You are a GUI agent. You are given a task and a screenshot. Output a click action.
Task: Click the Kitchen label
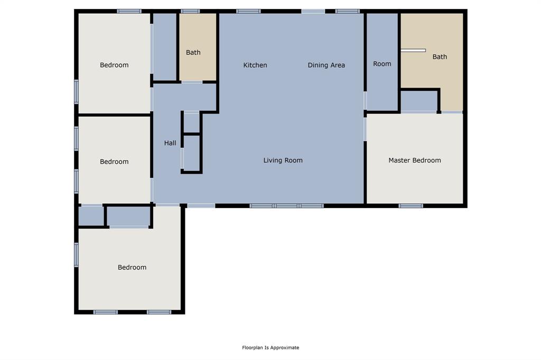click(x=255, y=65)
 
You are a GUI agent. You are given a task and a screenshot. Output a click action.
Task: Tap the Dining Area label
click(x=326, y=65)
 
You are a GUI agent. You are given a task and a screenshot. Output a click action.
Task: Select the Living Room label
click(x=283, y=160)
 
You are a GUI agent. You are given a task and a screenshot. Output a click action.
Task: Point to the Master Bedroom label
click(x=414, y=160)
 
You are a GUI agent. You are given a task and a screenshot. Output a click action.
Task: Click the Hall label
click(x=170, y=143)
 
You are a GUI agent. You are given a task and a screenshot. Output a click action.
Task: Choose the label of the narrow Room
click(x=382, y=63)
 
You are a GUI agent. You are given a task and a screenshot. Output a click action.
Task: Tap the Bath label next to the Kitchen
click(x=193, y=52)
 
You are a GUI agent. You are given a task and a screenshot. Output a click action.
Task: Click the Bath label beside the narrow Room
click(x=440, y=56)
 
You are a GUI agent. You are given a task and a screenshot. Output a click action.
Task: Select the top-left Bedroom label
click(x=114, y=65)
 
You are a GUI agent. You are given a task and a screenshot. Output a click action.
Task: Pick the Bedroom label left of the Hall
click(x=114, y=162)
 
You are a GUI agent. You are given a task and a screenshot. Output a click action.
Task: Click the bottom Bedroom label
click(x=132, y=267)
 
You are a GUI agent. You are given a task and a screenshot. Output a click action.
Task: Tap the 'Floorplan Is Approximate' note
click(x=270, y=347)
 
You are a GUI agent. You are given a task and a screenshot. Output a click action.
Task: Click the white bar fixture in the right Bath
click(x=413, y=51)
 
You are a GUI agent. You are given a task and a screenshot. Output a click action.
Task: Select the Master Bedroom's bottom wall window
click(x=411, y=206)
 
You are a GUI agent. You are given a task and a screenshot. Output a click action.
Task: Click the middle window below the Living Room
click(x=286, y=206)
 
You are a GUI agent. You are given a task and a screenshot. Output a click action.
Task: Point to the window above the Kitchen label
click(x=248, y=11)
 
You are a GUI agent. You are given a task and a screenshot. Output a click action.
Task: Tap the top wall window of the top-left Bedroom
click(x=129, y=11)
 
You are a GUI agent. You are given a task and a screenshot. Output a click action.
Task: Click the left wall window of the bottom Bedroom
click(x=77, y=254)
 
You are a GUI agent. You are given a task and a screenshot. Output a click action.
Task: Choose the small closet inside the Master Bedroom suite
click(x=419, y=101)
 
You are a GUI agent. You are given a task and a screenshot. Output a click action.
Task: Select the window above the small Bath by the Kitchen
click(x=190, y=11)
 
